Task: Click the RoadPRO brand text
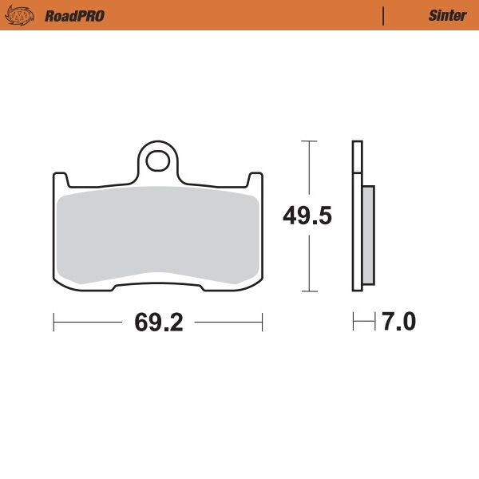click(74, 15)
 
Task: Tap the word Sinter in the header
click(447, 15)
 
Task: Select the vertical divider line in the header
click(384, 15)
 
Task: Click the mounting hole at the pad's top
click(158, 160)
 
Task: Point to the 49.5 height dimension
click(307, 216)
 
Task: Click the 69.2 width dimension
click(159, 323)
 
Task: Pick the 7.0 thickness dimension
click(398, 323)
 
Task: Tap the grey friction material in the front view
click(158, 236)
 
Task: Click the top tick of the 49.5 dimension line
click(308, 141)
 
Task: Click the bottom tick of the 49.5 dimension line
click(308, 291)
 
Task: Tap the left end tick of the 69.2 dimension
click(53, 323)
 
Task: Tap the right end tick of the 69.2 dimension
click(263, 323)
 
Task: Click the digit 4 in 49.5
click(291, 216)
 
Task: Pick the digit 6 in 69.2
click(141, 323)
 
